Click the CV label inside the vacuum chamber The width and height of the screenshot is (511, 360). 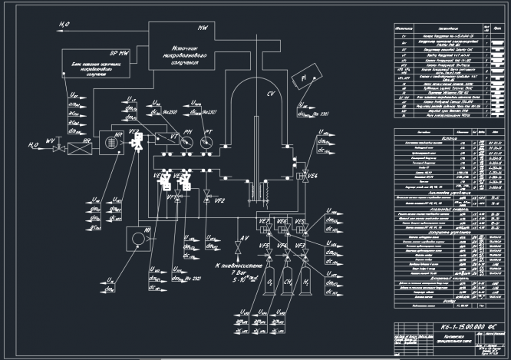(270, 94)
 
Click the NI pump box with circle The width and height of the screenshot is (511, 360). (137, 239)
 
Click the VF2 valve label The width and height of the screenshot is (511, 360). (219, 201)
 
